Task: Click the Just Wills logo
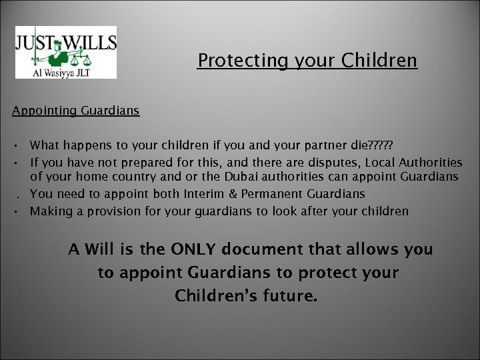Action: click(65, 51)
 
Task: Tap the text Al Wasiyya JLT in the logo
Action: click(65, 68)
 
